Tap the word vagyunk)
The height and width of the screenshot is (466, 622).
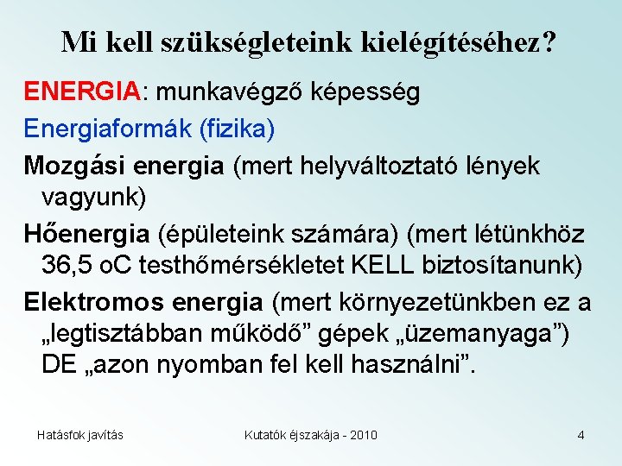[94, 196]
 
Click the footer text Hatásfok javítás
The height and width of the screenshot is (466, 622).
[79, 435]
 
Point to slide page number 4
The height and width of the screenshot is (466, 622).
[581, 435]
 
